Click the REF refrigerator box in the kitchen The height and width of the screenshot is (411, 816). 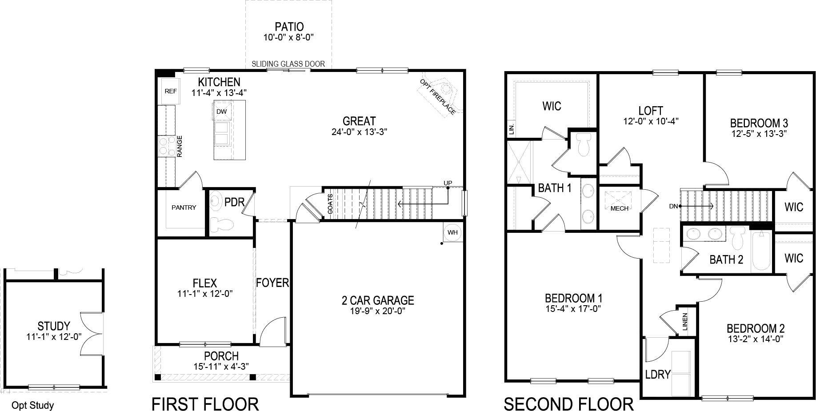[x=170, y=91]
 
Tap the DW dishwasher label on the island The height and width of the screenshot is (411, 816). [x=221, y=112]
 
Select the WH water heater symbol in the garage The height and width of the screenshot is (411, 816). [x=452, y=232]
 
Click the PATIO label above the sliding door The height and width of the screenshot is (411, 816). [x=289, y=27]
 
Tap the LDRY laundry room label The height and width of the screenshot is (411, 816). [x=657, y=375]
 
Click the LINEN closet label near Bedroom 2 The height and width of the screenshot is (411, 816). [x=685, y=322]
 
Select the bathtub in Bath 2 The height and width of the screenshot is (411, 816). [x=762, y=251]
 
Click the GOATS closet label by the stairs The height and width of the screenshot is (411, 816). [x=330, y=204]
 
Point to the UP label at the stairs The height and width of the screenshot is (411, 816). [x=448, y=183]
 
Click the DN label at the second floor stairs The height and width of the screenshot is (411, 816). [x=673, y=206]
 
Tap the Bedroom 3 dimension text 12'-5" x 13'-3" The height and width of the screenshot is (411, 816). [x=759, y=133]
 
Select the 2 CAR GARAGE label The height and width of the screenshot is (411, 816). [x=378, y=301]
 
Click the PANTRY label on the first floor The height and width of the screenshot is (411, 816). [x=184, y=207]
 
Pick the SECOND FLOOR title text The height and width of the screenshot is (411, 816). [x=568, y=404]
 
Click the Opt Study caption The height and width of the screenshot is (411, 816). [x=32, y=405]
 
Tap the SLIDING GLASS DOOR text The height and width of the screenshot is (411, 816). [x=288, y=64]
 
